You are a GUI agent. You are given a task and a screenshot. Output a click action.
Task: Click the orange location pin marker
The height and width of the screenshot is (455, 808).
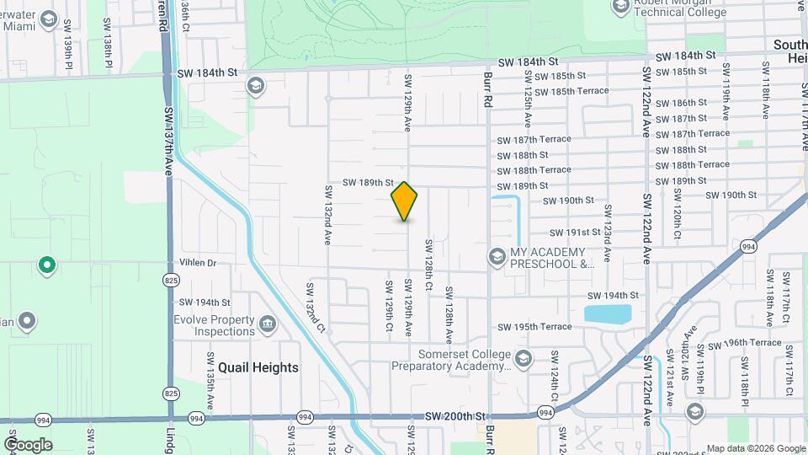405,201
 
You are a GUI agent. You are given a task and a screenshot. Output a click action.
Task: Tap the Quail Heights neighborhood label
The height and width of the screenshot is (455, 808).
258,367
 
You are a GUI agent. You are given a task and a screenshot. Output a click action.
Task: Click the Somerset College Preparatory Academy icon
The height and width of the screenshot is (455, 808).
524,359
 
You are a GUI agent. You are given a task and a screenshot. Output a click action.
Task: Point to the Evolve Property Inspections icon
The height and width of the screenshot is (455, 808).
268,324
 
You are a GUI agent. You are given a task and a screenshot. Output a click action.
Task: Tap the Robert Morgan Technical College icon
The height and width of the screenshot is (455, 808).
621,7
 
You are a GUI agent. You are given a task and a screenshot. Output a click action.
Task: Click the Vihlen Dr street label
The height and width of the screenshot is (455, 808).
198,263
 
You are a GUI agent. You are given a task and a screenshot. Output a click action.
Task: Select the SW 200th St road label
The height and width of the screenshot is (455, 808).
455,416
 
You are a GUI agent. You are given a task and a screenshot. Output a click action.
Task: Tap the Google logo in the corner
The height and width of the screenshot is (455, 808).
28,444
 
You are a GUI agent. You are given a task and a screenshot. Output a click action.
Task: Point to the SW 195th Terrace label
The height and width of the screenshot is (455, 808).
534,327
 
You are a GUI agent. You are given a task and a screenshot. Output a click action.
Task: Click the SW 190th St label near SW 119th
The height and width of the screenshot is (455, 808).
731,195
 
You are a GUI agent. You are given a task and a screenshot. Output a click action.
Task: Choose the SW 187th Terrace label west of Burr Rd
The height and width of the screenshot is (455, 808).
534,139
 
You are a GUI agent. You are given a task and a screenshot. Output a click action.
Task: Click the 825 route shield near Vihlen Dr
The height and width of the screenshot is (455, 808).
171,280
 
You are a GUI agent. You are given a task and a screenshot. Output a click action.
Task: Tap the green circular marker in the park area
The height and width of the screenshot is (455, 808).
47,265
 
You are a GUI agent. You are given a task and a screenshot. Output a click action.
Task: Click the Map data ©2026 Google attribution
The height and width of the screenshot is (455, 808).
754,448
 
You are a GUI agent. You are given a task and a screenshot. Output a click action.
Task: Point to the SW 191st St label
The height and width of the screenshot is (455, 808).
575,232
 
